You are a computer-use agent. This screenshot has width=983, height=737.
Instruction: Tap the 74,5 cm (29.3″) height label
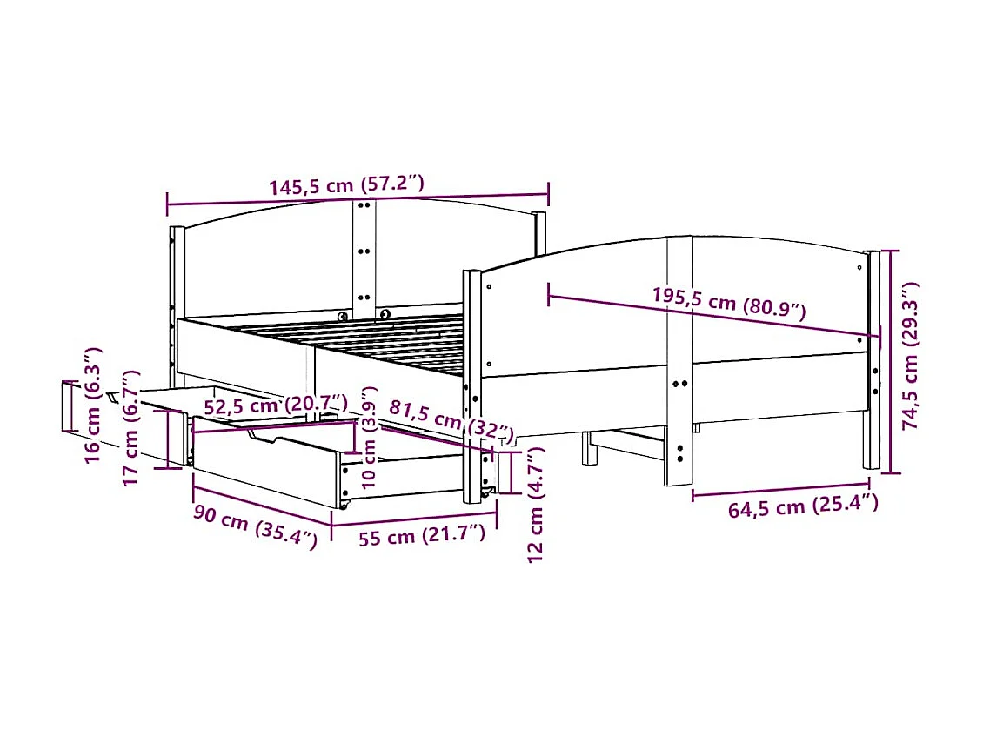pos(910,356)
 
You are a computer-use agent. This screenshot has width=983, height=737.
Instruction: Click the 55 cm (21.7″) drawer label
pos(421,536)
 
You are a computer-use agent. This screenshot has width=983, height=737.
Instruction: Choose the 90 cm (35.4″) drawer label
pos(254,526)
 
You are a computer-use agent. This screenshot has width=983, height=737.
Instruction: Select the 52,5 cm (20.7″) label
pos(275,405)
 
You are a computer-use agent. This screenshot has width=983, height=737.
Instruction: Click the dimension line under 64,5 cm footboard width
pos(780,489)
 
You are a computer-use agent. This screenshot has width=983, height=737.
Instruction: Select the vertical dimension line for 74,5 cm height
pos(887,361)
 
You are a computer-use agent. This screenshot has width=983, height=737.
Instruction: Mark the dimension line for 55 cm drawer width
pos(414,525)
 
